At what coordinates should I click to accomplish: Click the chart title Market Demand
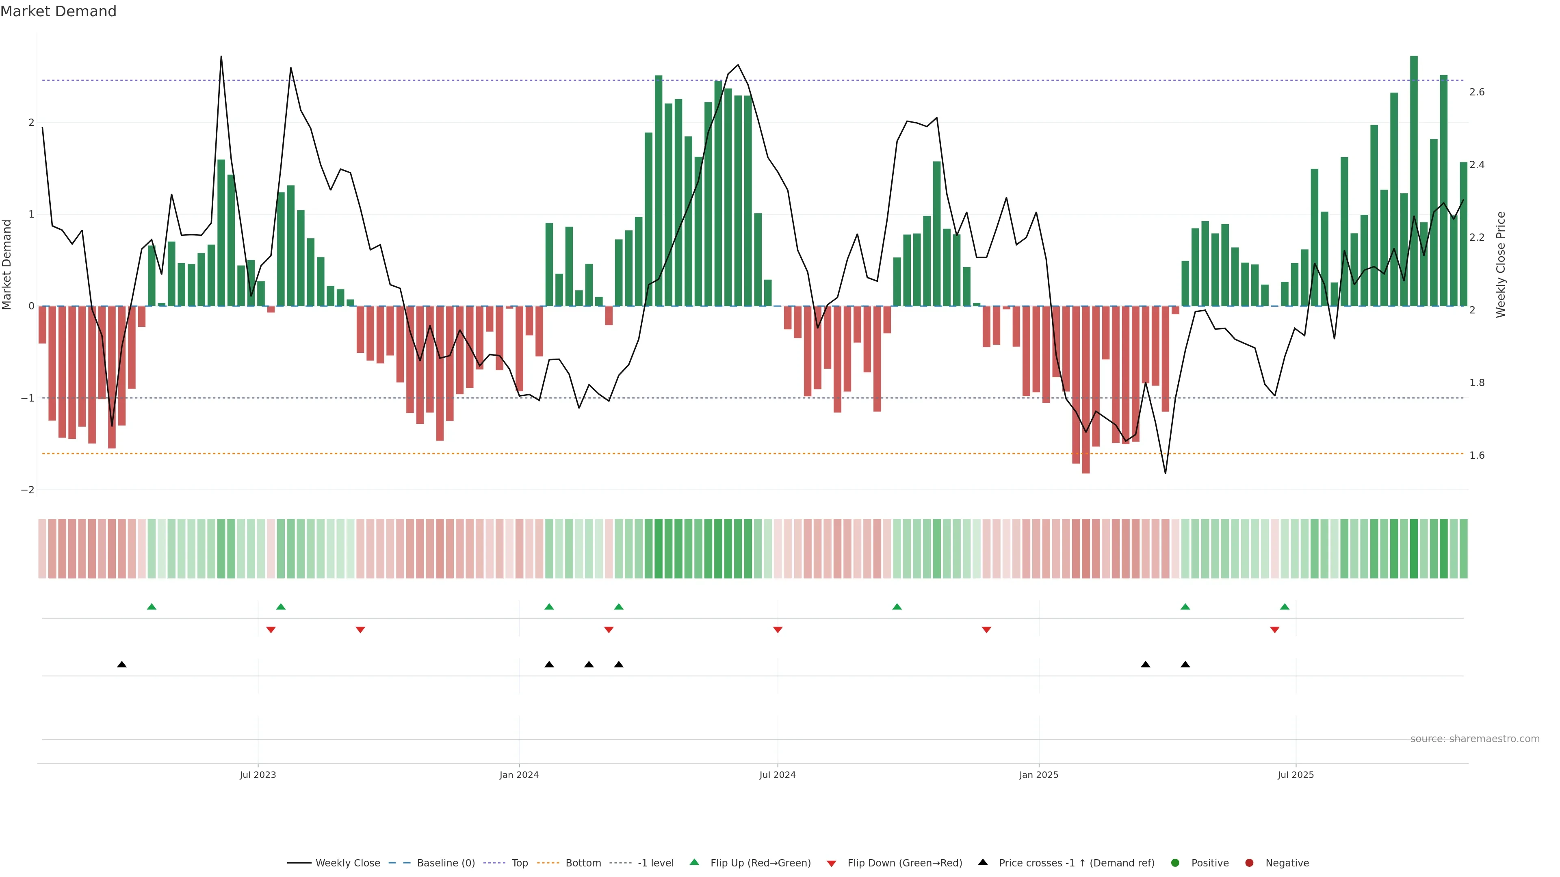(x=58, y=11)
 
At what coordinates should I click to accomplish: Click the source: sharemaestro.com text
(x=1475, y=739)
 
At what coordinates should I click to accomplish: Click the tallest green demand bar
(x=1414, y=181)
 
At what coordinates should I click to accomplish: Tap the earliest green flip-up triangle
(x=152, y=607)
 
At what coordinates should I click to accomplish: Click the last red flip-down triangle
(x=1275, y=630)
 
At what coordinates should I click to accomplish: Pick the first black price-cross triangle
(x=122, y=665)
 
